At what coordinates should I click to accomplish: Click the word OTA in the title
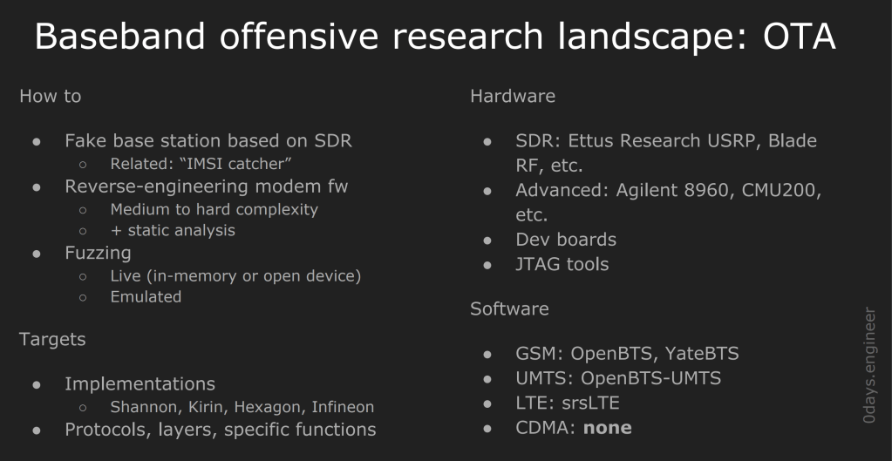point(799,36)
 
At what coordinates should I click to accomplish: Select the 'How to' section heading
point(50,96)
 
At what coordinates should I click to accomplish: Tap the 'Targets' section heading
point(52,339)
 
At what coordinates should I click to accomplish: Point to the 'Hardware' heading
point(513,96)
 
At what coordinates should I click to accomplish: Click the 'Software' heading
point(509,308)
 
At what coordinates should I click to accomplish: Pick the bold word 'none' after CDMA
point(608,428)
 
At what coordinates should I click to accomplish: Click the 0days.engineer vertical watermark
point(868,365)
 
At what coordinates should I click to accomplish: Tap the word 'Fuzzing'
point(98,253)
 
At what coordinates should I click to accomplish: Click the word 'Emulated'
point(146,296)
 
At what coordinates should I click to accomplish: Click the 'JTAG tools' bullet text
point(562,264)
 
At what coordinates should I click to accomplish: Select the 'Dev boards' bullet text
point(566,240)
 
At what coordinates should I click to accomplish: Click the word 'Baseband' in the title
point(119,36)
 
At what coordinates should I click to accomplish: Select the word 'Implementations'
point(140,384)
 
